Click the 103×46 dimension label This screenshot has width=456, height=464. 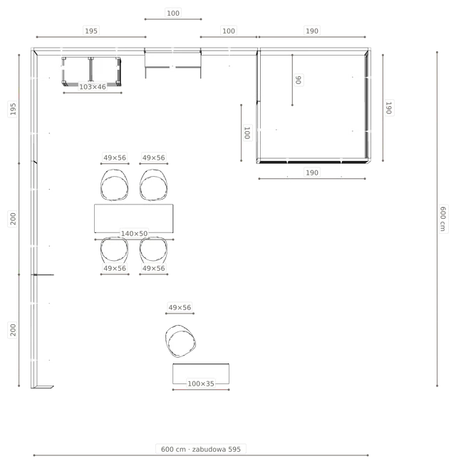click(x=92, y=87)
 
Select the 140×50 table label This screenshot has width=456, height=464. click(x=134, y=234)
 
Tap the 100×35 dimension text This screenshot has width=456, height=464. click(x=201, y=383)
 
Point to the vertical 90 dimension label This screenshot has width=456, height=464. click(x=299, y=80)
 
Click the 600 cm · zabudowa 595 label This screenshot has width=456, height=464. click(x=201, y=449)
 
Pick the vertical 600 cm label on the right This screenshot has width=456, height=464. click(x=442, y=219)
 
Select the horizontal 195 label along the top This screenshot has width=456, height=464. click(x=91, y=31)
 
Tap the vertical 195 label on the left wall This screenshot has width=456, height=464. click(x=13, y=108)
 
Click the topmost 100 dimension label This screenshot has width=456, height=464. click(x=173, y=14)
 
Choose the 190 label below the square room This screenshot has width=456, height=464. click(x=312, y=172)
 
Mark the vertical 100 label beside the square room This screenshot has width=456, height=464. click(x=247, y=133)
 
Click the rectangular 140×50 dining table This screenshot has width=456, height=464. click(x=134, y=218)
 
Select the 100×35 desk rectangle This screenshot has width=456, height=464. click(x=201, y=373)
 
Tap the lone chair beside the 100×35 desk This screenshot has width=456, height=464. click(x=180, y=341)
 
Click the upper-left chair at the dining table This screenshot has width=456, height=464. click(x=115, y=185)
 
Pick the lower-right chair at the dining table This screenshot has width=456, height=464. click(x=153, y=250)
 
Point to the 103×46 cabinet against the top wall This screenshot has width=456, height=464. click(x=91, y=71)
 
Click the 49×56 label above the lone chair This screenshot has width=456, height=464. click(x=180, y=307)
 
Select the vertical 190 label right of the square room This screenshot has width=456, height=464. click(x=389, y=108)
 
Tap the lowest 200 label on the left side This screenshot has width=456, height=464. click(x=13, y=330)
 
